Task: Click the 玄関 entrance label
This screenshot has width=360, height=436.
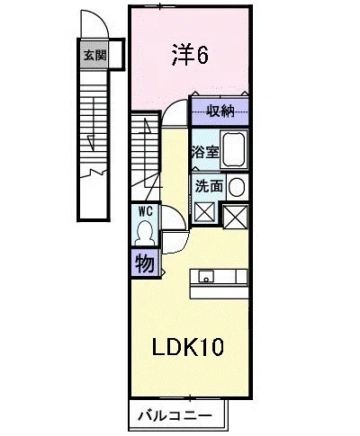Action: [95, 55]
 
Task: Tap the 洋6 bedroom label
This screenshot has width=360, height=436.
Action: [190, 56]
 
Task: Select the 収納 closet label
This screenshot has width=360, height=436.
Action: [220, 111]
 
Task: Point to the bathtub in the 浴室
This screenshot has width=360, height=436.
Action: [234, 149]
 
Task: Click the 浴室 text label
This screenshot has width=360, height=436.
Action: [206, 152]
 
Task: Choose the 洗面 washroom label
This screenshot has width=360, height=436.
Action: [209, 186]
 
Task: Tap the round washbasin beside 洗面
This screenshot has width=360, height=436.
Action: [237, 187]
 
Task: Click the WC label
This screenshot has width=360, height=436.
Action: [146, 211]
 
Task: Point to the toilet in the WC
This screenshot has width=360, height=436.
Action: [145, 233]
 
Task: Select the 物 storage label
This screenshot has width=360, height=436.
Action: [145, 263]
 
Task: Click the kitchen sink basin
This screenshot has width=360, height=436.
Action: [206, 276]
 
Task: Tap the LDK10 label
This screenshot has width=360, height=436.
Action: [188, 347]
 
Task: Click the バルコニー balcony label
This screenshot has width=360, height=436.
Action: [175, 415]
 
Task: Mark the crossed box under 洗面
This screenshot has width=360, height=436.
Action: [204, 212]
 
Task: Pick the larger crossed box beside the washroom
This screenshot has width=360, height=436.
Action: [236, 218]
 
